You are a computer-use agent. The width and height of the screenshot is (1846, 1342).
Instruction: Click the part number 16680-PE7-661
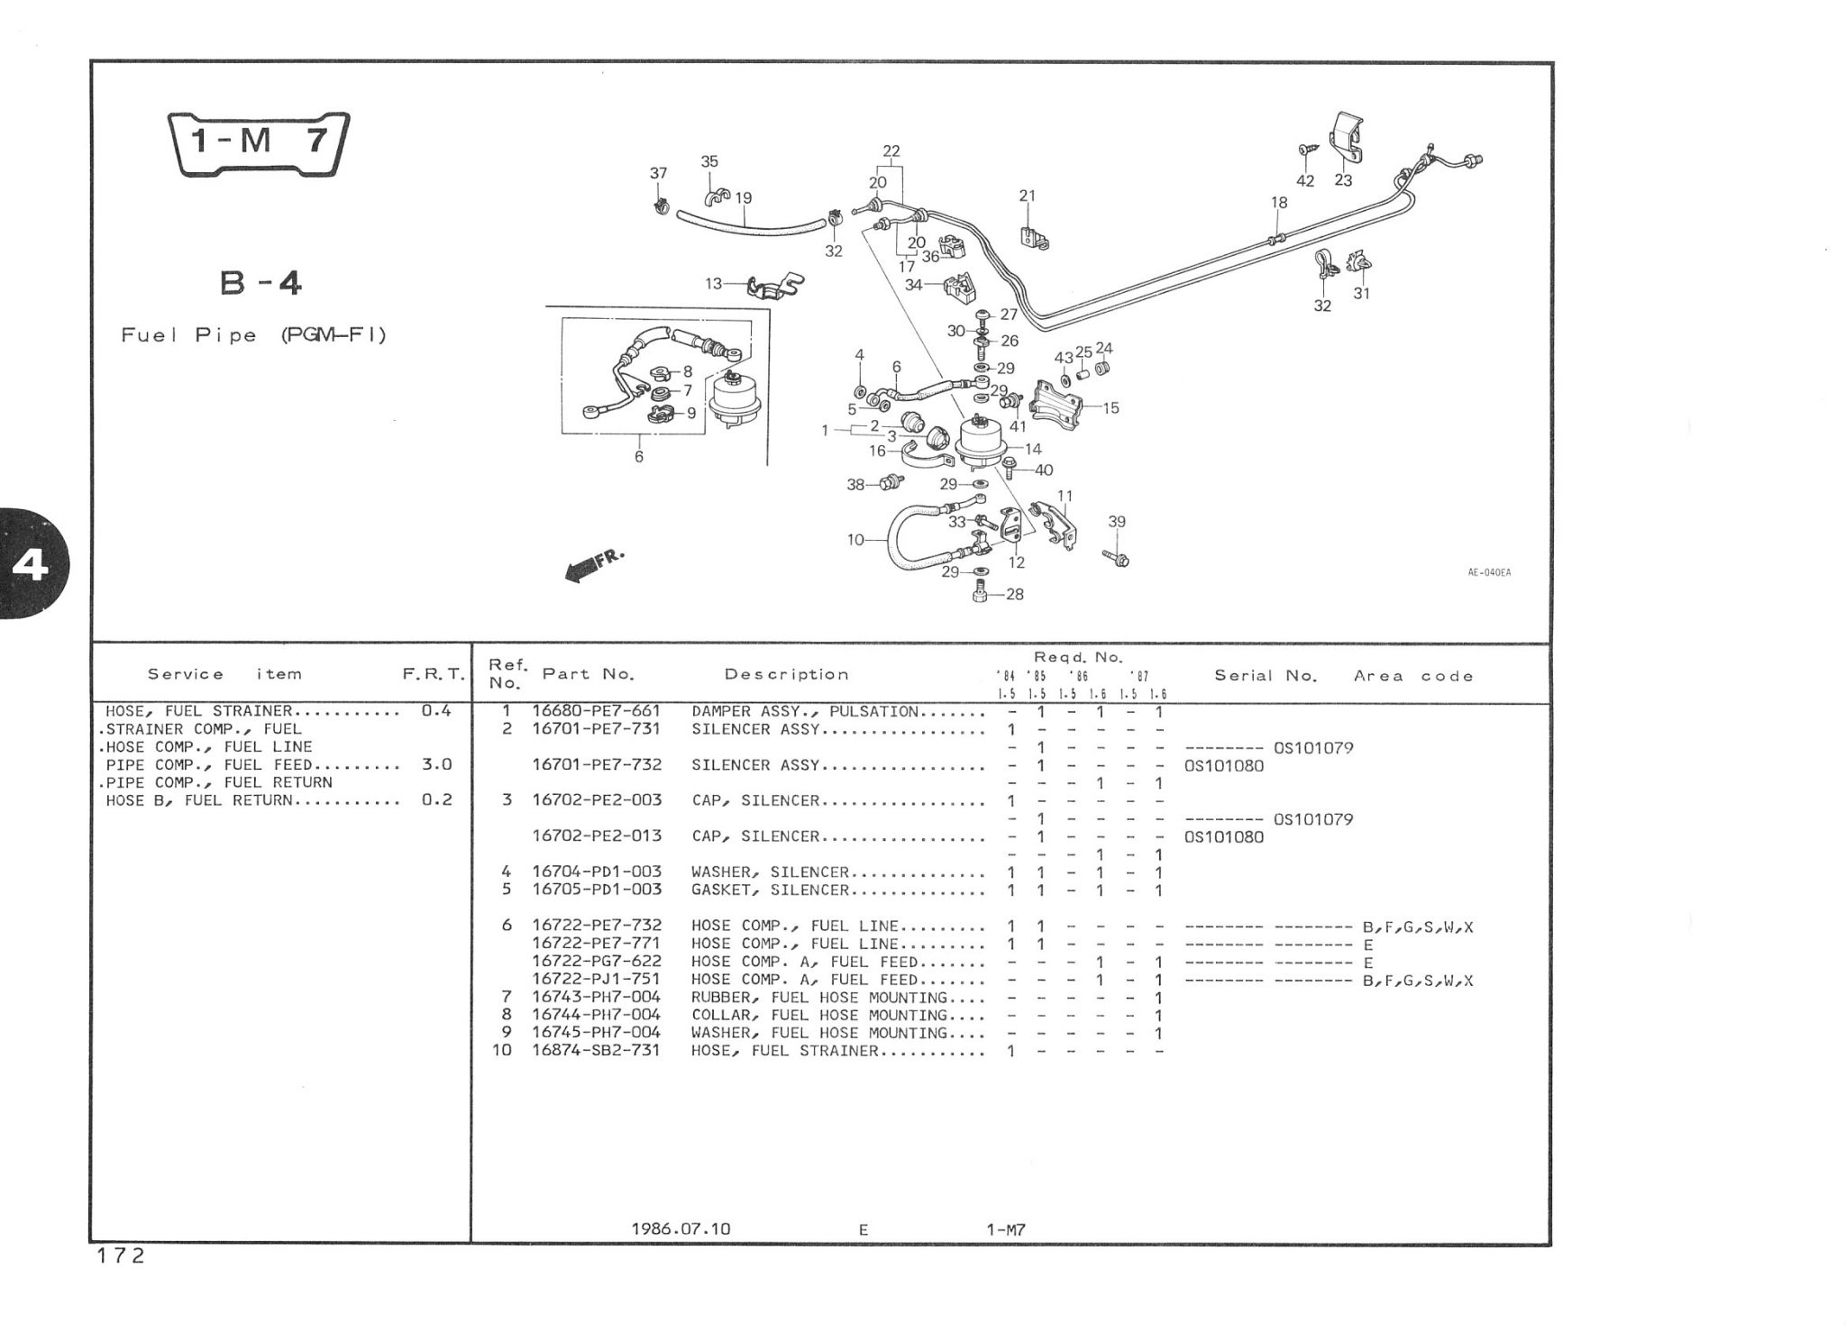coord(596,711)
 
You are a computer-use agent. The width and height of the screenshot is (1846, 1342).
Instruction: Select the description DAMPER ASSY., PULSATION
coord(805,711)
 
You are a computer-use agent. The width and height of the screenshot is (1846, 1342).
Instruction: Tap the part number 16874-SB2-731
coord(596,1050)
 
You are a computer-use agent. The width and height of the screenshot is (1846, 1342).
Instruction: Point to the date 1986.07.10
coord(681,1228)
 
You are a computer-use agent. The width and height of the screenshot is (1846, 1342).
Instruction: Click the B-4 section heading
coord(260,284)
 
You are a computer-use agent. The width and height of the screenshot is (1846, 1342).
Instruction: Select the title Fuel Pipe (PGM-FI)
coord(253,335)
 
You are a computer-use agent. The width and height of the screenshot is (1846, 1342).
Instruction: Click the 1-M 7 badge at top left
coord(260,142)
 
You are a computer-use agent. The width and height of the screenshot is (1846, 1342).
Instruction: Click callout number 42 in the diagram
coord(1305,180)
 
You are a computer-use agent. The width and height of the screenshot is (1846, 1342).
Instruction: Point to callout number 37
coord(659,173)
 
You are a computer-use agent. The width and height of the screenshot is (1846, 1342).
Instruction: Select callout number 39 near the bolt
coord(1117,522)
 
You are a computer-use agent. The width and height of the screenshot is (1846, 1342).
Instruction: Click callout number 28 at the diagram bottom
coord(1015,595)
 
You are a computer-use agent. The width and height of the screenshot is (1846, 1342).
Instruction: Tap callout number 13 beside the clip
coord(714,284)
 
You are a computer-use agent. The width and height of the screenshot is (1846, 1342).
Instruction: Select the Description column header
coord(786,674)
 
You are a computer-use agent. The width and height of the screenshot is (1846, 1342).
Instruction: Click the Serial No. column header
coord(1266,675)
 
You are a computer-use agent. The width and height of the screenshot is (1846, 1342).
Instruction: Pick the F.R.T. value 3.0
coord(436,764)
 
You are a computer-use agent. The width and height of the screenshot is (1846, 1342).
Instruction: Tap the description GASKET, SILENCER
coord(770,890)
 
